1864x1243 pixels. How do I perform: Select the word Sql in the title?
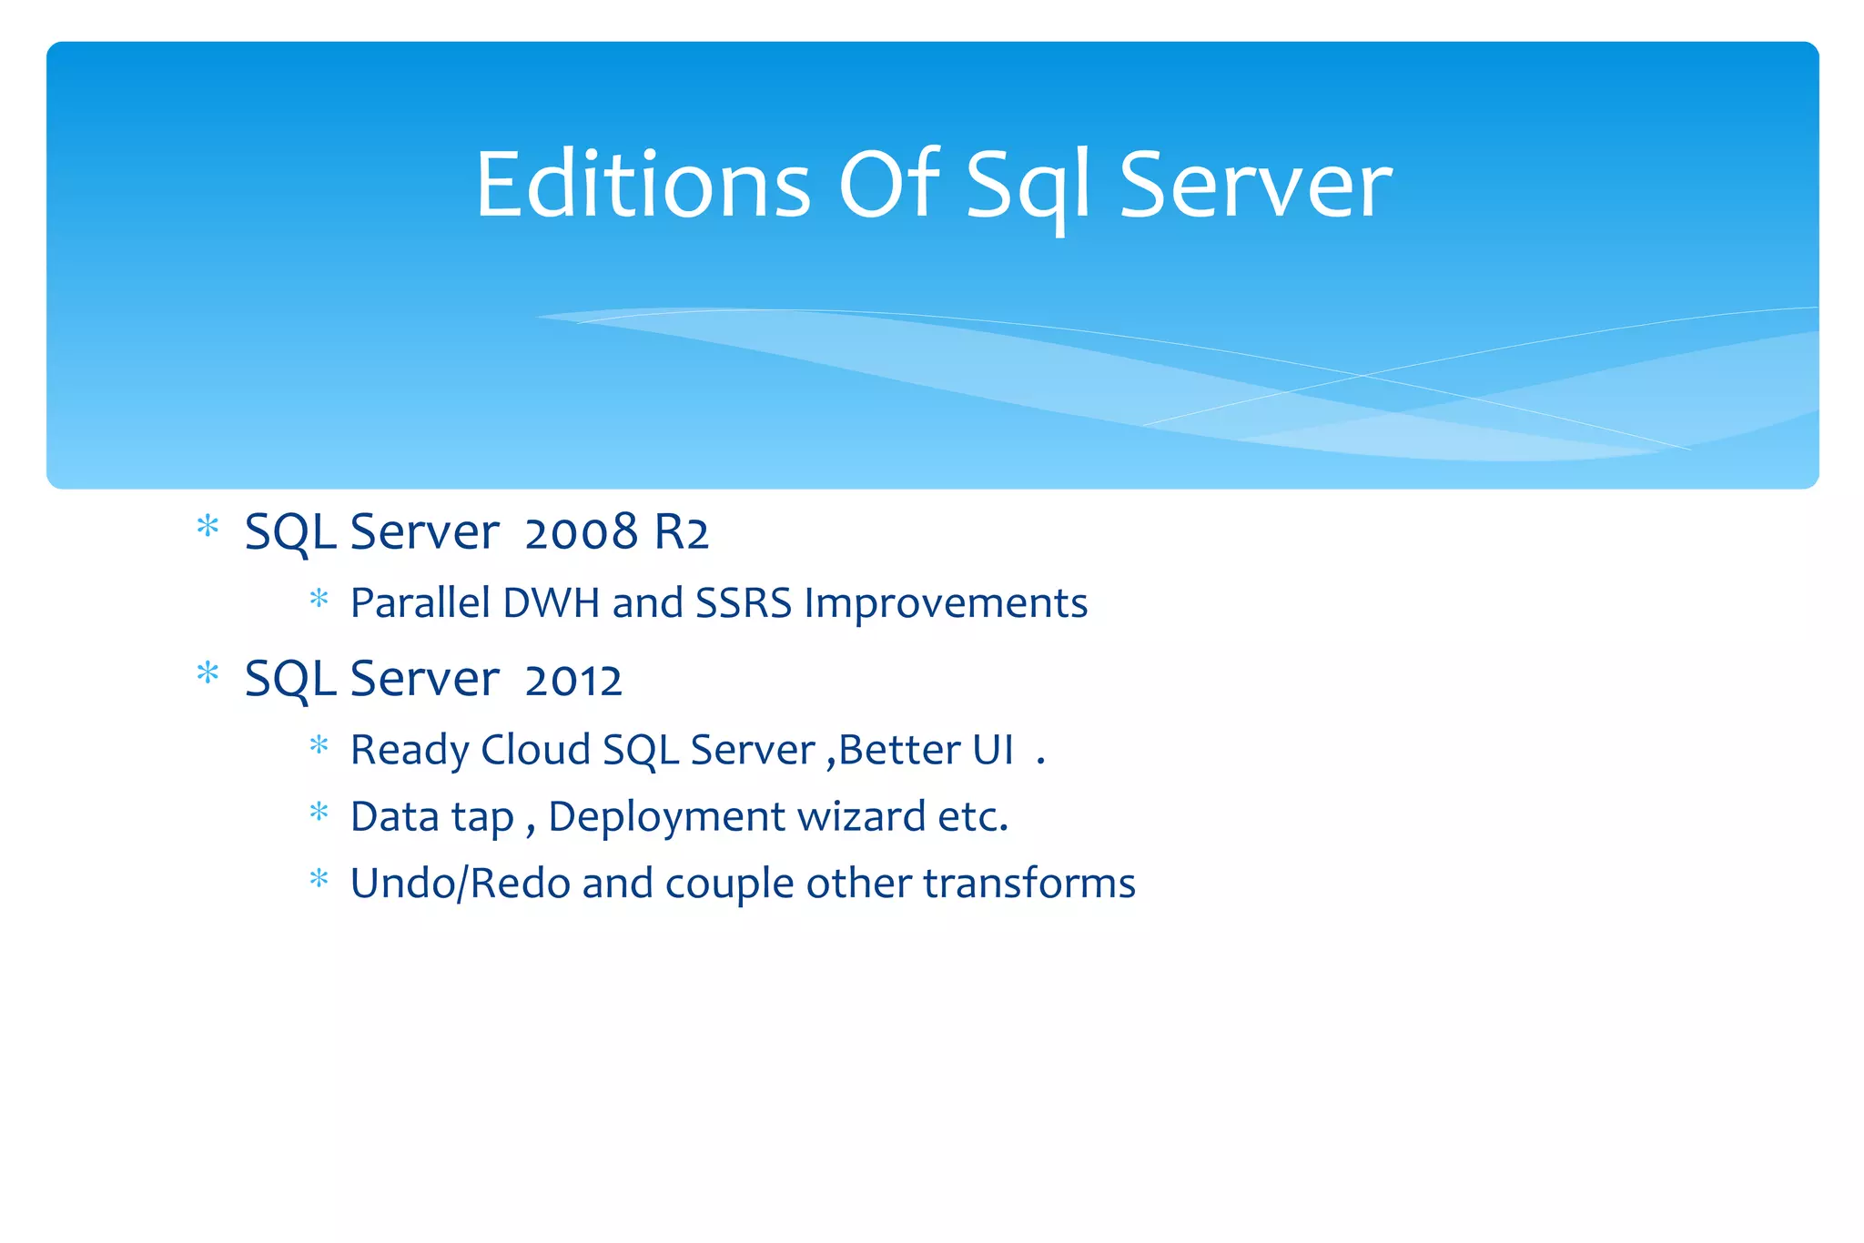pyautogui.click(x=1027, y=187)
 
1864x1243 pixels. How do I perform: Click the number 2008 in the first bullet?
pyautogui.click(x=581, y=532)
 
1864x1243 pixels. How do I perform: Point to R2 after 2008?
pyautogui.click(x=681, y=532)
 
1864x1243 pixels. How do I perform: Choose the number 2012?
pyautogui.click(x=573, y=680)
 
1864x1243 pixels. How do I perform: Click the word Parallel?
pyautogui.click(x=420, y=603)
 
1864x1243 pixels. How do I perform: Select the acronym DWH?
pyautogui.click(x=551, y=603)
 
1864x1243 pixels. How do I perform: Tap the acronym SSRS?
pyautogui.click(x=744, y=603)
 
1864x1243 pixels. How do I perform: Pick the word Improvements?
pyautogui.click(x=946, y=603)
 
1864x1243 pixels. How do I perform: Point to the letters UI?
pyautogui.click(x=993, y=751)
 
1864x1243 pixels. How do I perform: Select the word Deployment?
pyautogui.click(x=667, y=817)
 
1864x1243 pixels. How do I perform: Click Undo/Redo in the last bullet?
pyautogui.click(x=461, y=884)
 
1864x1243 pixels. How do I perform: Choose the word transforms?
pyautogui.click(x=1029, y=884)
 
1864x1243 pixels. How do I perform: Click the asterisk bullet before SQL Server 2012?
pyautogui.click(x=208, y=673)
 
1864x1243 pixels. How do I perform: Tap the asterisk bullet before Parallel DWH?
pyautogui.click(x=319, y=599)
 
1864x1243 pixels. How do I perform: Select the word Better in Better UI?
pyautogui.click(x=899, y=751)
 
